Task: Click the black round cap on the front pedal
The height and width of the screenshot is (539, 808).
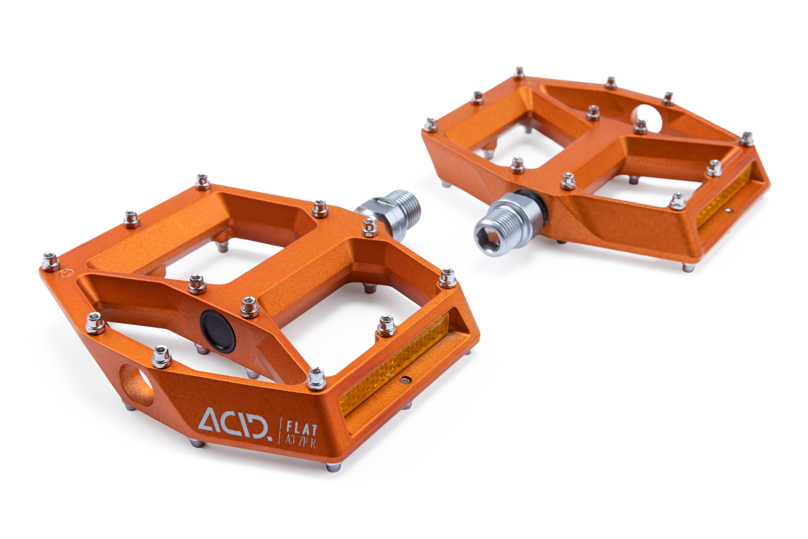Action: pos(218,331)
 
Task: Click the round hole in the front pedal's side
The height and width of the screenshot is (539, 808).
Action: pos(136,385)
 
